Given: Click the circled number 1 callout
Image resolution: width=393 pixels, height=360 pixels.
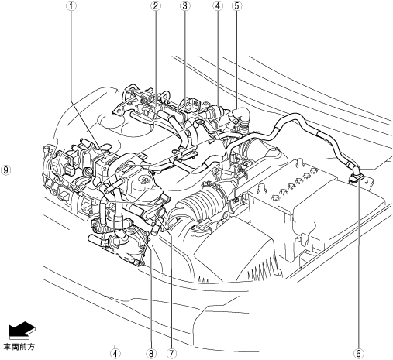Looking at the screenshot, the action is click(71, 5).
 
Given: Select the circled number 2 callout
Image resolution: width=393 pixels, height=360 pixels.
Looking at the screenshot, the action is click(155, 5).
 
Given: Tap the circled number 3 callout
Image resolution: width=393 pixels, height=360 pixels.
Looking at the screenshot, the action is click(184, 5).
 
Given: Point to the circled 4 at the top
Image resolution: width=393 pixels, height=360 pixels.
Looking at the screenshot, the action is click(218, 5).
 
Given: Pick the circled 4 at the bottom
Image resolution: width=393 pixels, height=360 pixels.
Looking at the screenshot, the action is click(115, 353).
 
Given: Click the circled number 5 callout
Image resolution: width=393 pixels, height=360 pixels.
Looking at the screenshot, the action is click(237, 5).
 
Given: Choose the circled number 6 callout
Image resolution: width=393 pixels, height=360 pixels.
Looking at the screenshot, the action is click(358, 353).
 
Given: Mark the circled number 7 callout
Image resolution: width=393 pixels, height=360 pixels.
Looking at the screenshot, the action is click(171, 353).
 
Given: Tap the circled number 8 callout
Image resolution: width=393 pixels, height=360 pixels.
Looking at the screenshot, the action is click(151, 353).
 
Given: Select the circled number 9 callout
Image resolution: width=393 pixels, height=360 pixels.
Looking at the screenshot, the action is click(5, 170).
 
